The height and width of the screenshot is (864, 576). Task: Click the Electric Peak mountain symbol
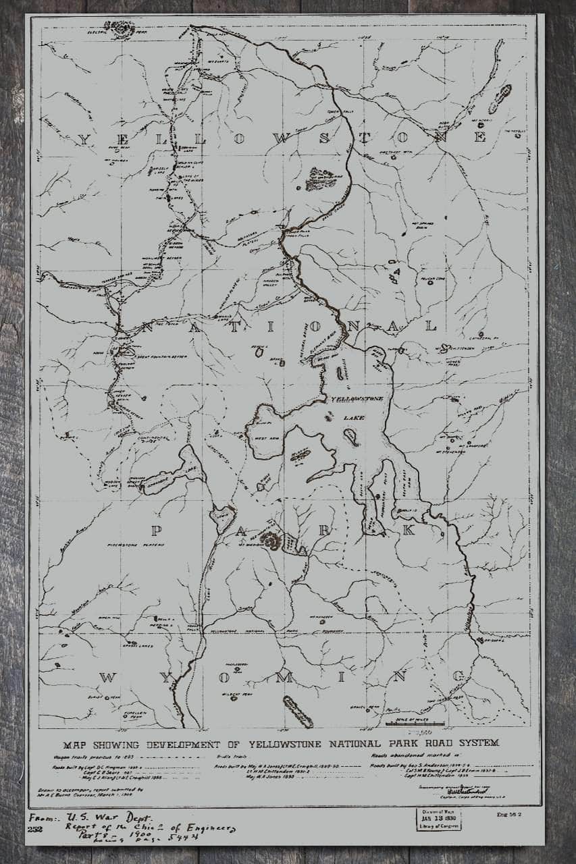coord(123,28)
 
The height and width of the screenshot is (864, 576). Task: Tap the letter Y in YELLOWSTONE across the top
coord(85,140)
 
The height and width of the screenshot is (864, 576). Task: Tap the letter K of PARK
coord(407,531)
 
